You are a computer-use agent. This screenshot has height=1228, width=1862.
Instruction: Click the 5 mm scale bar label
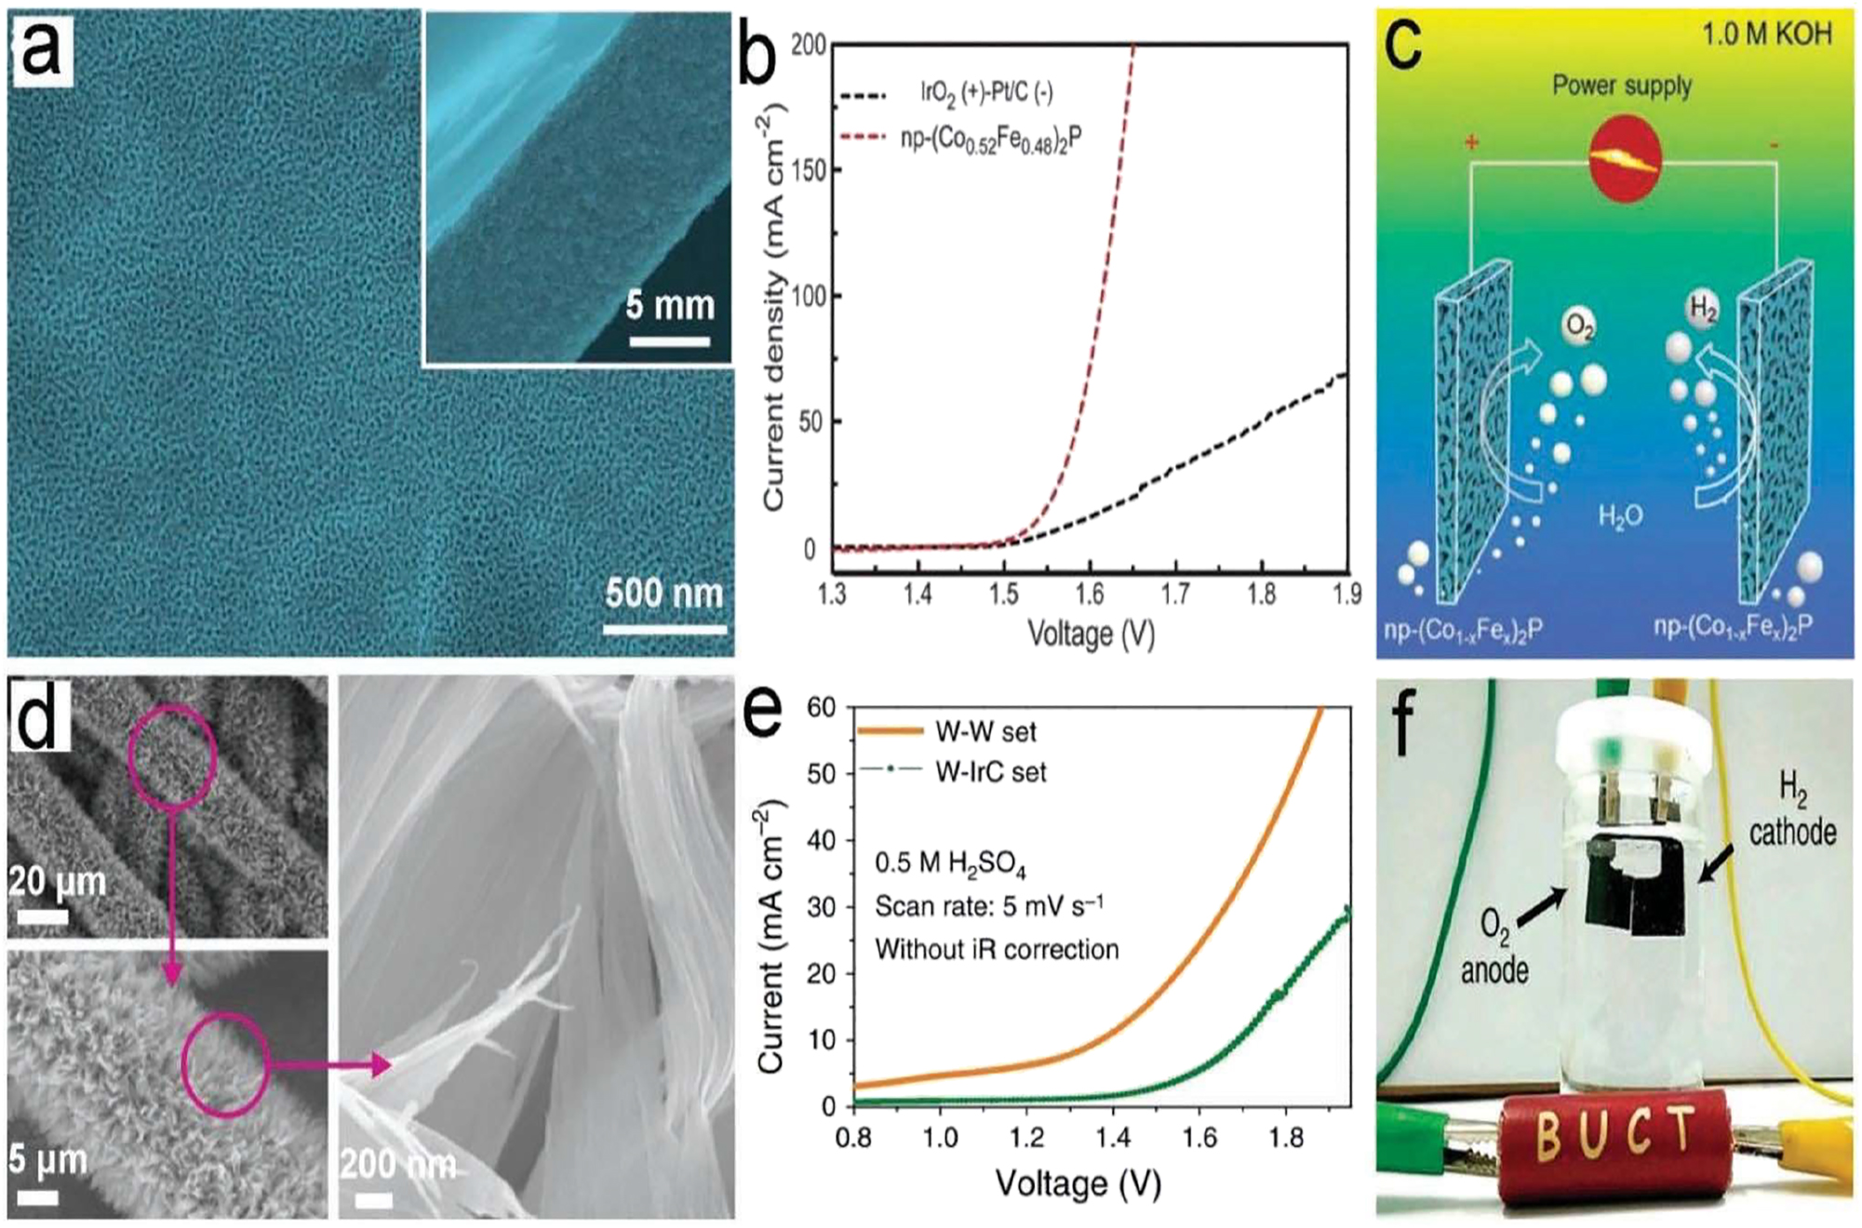(x=669, y=305)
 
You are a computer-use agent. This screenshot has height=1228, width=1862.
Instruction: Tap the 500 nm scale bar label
(x=663, y=594)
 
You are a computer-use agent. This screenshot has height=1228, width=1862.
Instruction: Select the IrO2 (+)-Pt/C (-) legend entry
(x=986, y=92)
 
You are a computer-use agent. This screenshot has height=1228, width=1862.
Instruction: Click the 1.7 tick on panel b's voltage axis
(x=1175, y=594)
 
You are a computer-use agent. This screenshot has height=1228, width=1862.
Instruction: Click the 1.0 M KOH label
(x=1766, y=34)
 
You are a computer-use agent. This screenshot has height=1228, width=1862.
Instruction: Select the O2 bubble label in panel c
(x=1579, y=326)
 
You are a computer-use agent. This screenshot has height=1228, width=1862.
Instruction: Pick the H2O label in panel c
(x=1620, y=515)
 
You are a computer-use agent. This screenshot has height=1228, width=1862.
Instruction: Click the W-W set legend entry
(x=985, y=732)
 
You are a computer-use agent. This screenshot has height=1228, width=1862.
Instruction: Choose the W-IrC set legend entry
(x=990, y=772)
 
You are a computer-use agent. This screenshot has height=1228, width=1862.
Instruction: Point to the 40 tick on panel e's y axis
(x=821, y=840)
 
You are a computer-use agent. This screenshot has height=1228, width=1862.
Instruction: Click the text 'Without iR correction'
(x=997, y=949)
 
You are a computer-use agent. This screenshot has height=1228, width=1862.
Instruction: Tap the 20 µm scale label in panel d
(x=58, y=880)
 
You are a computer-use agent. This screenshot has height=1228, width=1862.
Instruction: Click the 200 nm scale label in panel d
(x=398, y=1165)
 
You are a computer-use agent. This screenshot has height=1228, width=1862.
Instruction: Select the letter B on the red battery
(x=1548, y=1136)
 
